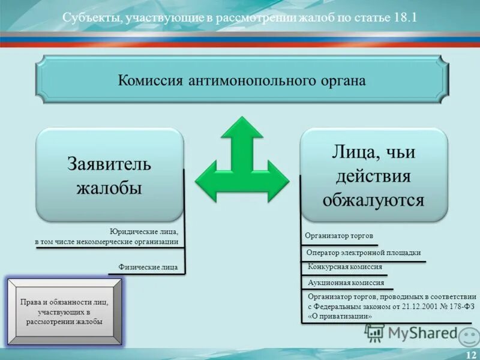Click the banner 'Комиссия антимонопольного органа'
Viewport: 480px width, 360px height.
(x=241, y=80)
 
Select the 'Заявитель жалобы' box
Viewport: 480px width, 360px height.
(x=109, y=175)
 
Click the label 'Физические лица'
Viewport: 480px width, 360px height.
(x=148, y=267)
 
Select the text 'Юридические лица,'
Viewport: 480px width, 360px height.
(x=144, y=231)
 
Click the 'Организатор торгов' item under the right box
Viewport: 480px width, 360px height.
(x=339, y=236)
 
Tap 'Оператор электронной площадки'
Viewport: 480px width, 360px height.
(x=363, y=253)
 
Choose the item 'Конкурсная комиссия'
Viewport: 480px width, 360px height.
(x=344, y=266)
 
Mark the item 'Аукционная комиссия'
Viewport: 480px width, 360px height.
(x=346, y=282)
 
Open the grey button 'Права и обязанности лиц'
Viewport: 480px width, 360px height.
(x=64, y=312)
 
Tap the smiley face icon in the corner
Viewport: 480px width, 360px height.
(x=469, y=336)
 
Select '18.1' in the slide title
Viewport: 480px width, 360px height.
(x=405, y=17)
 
